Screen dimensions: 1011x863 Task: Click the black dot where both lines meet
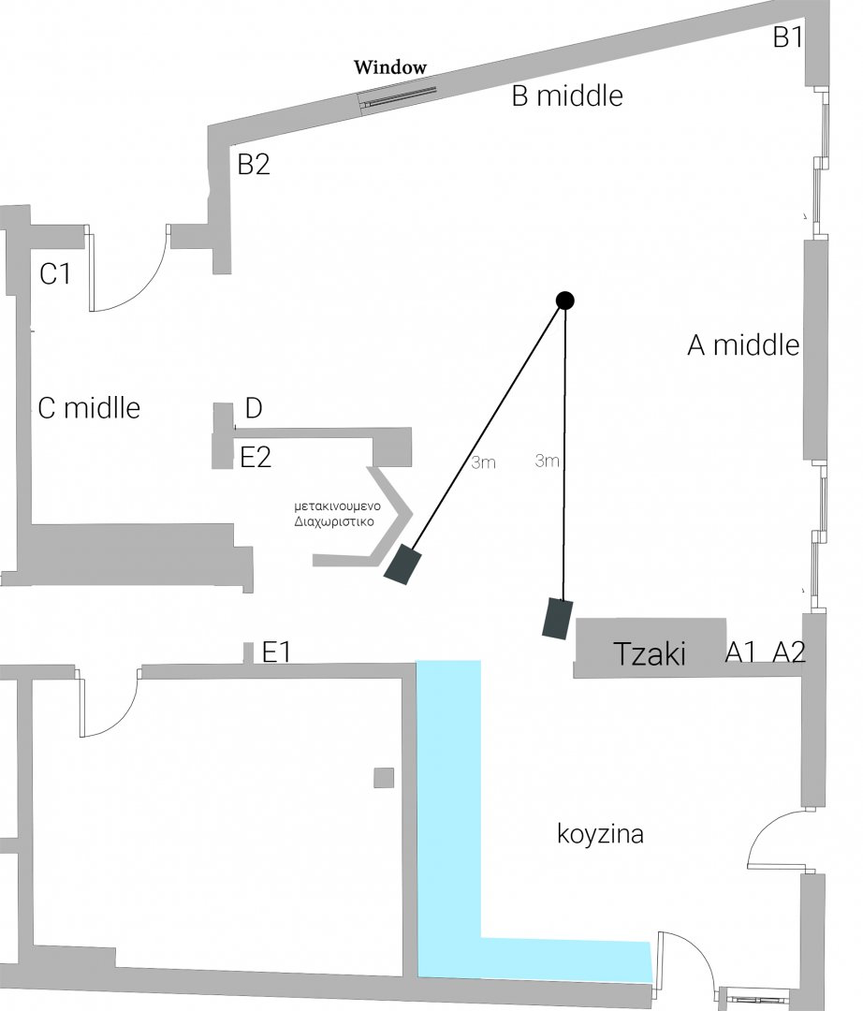564,300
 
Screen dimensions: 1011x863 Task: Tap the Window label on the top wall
389,67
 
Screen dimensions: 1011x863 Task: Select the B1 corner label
788,38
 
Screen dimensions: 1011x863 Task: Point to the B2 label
254,165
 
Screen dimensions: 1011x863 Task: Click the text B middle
567,95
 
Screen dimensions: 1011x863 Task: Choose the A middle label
743,345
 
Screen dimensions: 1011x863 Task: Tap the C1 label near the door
55,274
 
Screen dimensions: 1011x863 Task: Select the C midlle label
89,408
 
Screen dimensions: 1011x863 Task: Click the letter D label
253,408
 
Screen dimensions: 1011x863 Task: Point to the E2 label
256,458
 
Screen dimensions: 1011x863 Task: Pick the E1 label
276,652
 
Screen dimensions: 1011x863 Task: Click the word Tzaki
649,653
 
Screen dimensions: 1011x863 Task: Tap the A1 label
741,653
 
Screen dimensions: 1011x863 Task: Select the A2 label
788,653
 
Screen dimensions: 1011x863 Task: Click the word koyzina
600,833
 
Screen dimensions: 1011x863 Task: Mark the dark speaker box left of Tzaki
559,618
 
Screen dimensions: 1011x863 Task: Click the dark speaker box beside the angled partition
402,564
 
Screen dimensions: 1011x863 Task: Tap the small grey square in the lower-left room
384,777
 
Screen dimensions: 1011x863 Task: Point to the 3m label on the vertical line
548,461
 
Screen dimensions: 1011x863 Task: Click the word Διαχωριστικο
333,522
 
